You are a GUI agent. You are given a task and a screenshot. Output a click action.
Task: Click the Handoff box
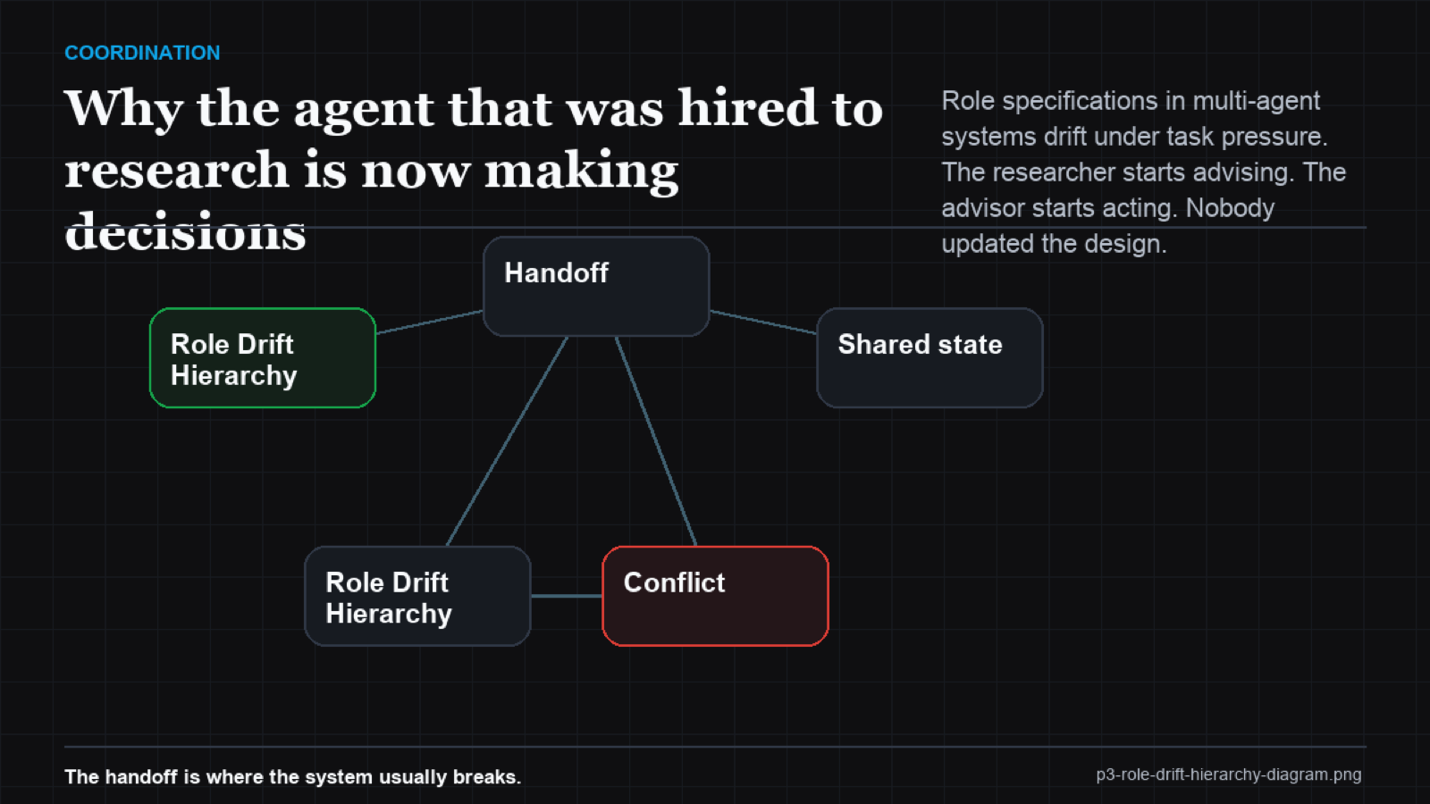[596, 287]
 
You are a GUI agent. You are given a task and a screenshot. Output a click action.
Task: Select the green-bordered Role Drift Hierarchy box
[263, 358]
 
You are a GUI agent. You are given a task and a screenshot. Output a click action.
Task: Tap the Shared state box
[930, 358]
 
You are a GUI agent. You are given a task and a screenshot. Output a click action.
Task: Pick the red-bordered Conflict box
[716, 596]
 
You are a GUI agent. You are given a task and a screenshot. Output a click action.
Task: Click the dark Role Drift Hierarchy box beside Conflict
[417, 596]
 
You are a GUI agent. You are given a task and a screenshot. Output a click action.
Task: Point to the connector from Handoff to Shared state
[763, 322]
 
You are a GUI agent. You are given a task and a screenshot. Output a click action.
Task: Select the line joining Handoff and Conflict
[656, 441]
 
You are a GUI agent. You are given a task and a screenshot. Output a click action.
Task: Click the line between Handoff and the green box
[430, 322]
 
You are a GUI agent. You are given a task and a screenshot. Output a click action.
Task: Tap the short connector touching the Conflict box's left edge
[567, 596]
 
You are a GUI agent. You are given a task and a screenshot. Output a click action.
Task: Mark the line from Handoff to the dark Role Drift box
[507, 441]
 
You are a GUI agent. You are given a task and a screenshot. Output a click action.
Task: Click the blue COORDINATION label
[142, 53]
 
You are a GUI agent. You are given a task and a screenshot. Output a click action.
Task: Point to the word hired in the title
[747, 108]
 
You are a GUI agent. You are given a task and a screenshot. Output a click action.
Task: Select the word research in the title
[177, 170]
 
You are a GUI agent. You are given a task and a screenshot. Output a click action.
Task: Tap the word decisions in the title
[185, 231]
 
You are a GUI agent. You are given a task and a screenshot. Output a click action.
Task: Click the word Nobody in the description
[1230, 209]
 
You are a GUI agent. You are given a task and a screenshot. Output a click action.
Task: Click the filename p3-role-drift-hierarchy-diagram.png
[1229, 775]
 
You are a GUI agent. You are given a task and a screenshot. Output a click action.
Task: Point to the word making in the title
[581, 171]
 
